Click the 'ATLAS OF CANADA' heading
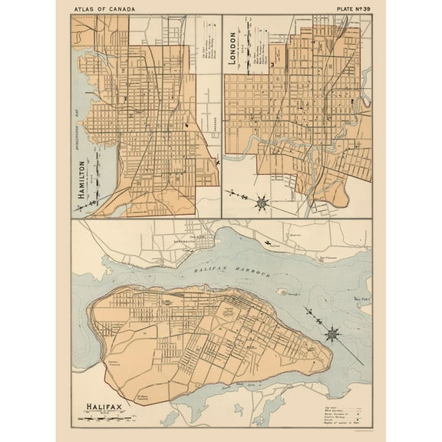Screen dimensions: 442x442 click(106, 8)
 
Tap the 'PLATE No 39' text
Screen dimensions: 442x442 click(348, 8)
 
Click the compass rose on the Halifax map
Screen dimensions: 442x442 click(332, 334)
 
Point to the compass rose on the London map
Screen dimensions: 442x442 click(262, 203)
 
